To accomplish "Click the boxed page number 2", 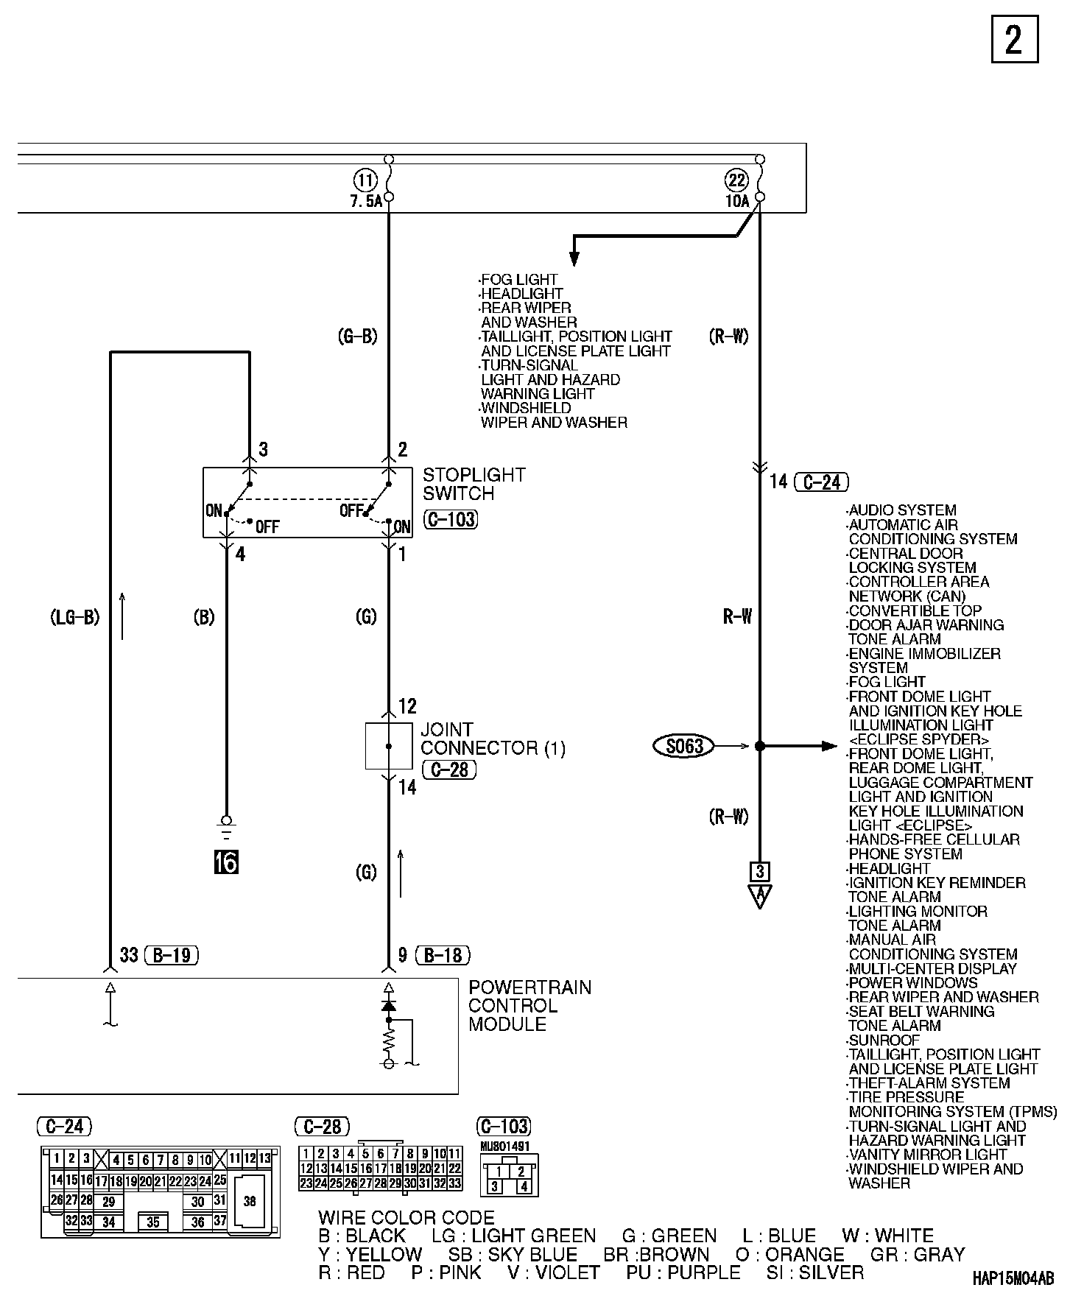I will (1014, 39).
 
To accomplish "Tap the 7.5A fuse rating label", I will (366, 200).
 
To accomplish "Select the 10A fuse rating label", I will (737, 200).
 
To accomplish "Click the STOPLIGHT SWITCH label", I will (474, 484).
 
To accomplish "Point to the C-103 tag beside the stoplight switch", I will (451, 519).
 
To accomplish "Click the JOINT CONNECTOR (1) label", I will (493, 739).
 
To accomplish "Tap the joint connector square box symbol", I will (389, 746).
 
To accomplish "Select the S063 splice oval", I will (684, 746).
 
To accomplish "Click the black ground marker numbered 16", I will (226, 861).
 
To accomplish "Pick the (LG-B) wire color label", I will (74, 617).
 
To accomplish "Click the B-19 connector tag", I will (172, 955).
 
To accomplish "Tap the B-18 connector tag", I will (443, 955).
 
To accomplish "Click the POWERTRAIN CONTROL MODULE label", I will (529, 1005).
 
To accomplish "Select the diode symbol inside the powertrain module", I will (389, 1005).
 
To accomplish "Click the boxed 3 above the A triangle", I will (759, 872).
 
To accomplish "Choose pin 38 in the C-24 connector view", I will (250, 1201).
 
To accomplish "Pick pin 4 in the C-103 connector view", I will (523, 1186).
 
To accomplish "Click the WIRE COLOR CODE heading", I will (406, 1218).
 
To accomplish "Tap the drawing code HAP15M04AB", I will (1013, 1278).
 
